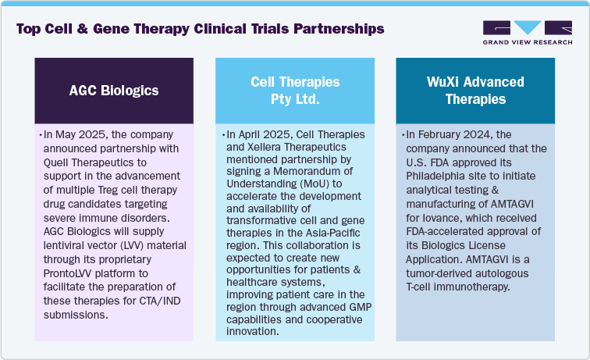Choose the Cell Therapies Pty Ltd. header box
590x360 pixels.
coord(295,91)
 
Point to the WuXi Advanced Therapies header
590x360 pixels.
coord(474,91)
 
